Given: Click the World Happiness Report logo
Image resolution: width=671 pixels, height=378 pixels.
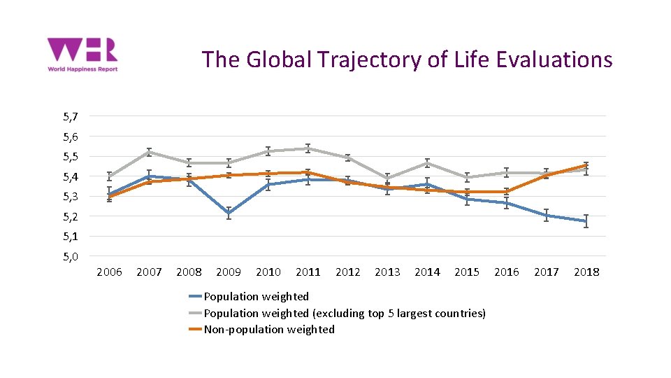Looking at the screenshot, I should (x=82, y=55).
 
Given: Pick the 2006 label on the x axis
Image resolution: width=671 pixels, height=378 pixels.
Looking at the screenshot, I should (x=109, y=272).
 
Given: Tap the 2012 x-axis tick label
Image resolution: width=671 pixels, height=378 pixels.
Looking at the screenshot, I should (x=347, y=272).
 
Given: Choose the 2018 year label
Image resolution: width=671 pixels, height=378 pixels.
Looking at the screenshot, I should (x=586, y=272).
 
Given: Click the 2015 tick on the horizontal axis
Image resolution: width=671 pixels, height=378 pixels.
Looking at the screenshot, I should (x=467, y=272).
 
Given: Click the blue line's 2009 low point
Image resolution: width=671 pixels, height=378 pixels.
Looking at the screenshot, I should (x=229, y=213).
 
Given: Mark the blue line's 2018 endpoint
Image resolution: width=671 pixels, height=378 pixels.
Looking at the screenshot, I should (x=586, y=221).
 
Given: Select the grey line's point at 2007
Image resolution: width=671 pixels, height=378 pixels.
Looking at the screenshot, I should (x=149, y=152).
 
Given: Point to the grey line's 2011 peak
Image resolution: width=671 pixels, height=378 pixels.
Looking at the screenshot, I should (x=308, y=148).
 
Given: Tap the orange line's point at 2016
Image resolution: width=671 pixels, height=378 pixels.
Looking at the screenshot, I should (x=507, y=191).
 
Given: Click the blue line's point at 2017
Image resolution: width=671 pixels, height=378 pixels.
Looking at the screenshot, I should (x=547, y=215).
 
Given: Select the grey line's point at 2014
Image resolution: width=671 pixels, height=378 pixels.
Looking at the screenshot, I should (x=427, y=163).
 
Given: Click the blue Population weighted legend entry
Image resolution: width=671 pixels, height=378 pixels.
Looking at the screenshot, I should (x=256, y=297).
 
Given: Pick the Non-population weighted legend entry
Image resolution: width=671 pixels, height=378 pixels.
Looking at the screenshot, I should (x=268, y=329).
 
